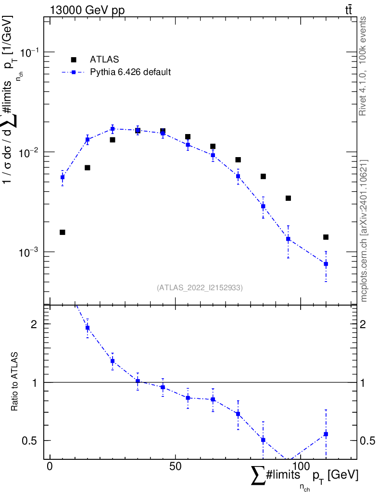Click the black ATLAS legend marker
click(x=74, y=60)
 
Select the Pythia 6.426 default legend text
click(x=130, y=72)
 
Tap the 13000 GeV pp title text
click(x=87, y=10)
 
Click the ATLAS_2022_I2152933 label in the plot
click(x=200, y=287)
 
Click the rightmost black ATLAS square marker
click(x=326, y=237)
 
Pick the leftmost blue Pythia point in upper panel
click(x=63, y=177)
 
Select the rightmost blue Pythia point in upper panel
click(x=326, y=264)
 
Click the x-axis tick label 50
click(x=175, y=466)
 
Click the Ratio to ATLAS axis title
click(x=14, y=381)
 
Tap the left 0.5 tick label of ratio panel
click(x=29, y=441)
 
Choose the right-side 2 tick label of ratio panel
click(x=363, y=324)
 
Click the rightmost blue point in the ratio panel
click(x=326, y=434)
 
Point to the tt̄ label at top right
click(x=349, y=10)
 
